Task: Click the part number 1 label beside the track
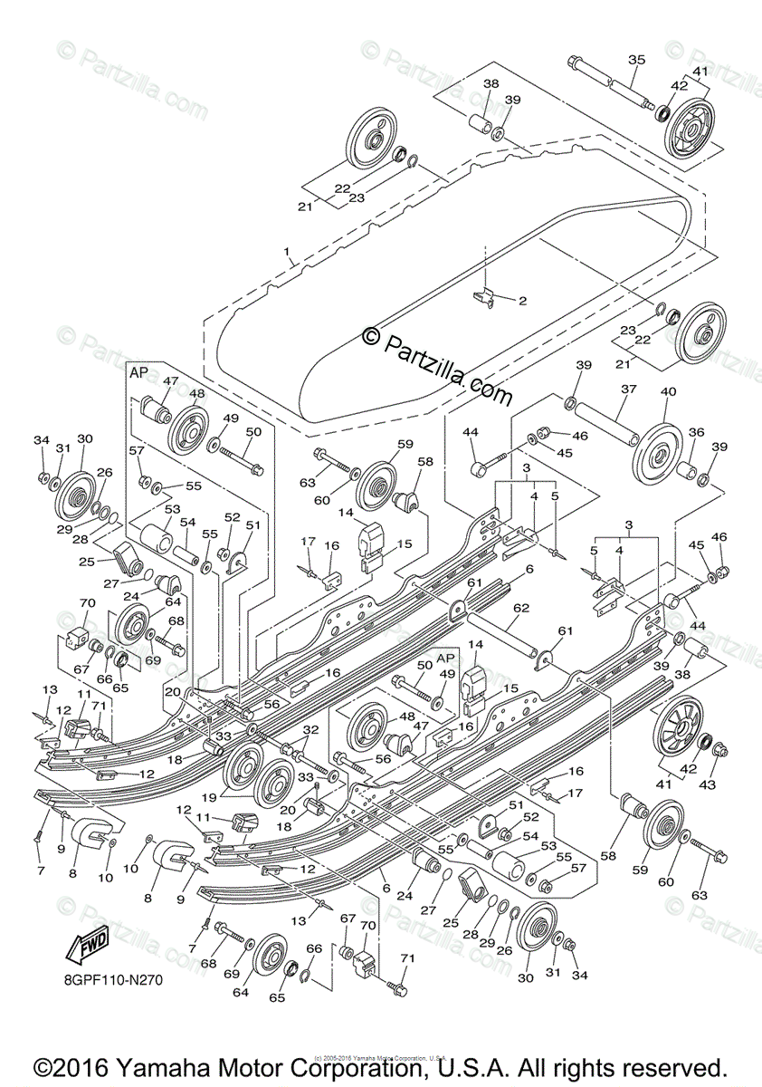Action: click(288, 251)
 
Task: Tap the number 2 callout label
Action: click(521, 299)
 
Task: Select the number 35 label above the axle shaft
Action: click(636, 60)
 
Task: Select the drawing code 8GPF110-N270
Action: click(113, 978)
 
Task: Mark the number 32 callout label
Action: click(310, 729)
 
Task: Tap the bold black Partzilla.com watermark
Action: click(437, 366)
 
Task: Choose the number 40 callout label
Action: click(669, 391)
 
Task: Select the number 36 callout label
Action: click(696, 433)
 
